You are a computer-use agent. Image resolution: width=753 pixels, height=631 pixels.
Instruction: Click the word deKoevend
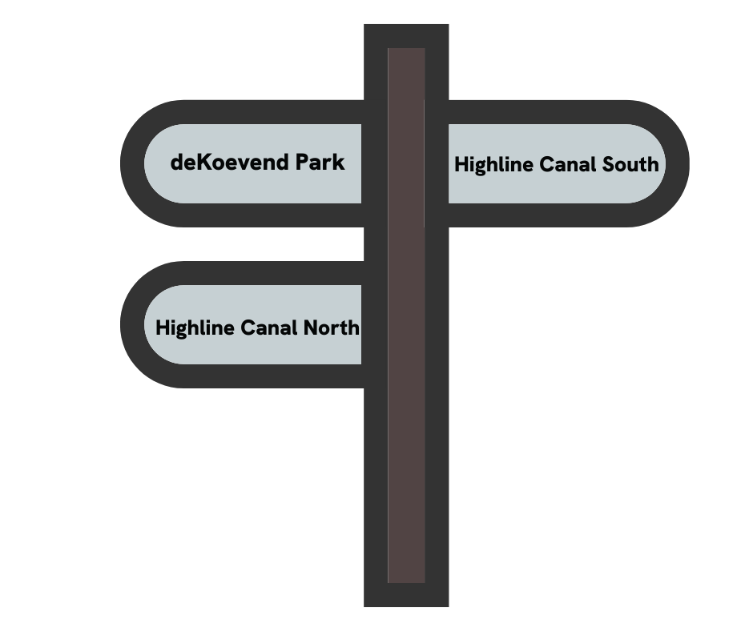coord(230,163)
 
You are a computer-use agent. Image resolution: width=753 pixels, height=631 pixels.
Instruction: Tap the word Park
coord(320,163)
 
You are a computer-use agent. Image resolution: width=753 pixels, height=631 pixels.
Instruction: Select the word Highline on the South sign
coord(493,165)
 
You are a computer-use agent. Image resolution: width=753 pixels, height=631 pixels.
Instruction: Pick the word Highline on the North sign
coord(195,328)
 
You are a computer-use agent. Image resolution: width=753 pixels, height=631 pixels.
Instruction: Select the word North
coord(332,328)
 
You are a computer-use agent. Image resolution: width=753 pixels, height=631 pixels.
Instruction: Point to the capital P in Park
coord(302,163)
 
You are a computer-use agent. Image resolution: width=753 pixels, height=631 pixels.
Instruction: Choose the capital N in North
coord(313,328)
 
